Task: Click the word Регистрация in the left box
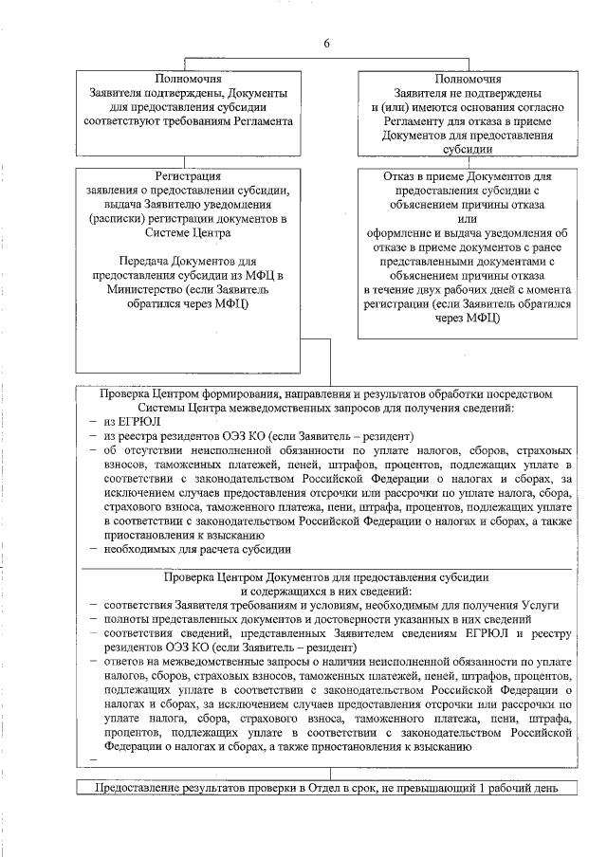(x=188, y=176)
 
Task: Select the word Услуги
(x=539, y=604)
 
